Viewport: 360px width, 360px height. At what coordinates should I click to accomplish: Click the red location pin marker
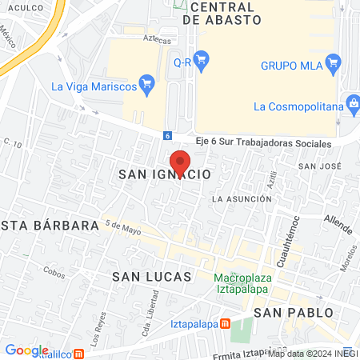click(x=180, y=162)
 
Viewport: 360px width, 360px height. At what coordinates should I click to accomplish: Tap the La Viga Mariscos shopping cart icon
click(x=146, y=82)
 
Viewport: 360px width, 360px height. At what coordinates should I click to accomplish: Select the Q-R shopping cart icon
click(x=201, y=58)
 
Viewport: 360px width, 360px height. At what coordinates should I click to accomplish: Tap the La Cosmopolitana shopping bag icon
click(x=352, y=103)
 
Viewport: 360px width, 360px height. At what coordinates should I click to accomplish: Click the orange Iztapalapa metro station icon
click(x=226, y=324)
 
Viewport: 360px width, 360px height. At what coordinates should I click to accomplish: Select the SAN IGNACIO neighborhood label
click(x=164, y=174)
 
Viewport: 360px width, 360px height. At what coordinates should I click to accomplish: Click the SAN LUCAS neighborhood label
click(x=152, y=276)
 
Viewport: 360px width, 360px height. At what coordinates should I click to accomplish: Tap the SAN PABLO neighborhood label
click(x=292, y=311)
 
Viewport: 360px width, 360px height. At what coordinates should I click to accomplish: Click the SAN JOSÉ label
click(x=319, y=166)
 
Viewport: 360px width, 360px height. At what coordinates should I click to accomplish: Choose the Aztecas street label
click(x=134, y=38)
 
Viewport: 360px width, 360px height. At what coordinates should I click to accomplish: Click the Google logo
click(x=26, y=350)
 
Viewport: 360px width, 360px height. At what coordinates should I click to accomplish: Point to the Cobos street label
click(x=54, y=272)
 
